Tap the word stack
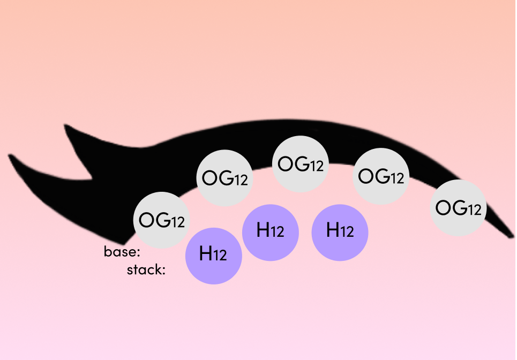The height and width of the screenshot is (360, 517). (144, 270)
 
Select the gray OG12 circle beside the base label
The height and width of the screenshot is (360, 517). (162, 220)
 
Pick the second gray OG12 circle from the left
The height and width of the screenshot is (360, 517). (224, 178)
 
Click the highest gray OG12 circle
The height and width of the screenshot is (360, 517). (301, 164)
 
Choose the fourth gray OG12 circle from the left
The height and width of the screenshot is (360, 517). (381, 176)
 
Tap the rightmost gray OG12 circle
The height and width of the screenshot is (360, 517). (458, 208)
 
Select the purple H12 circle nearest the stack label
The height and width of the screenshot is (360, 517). (214, 256)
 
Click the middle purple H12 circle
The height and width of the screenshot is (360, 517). (271, 232)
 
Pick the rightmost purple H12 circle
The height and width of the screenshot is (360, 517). (340, 232)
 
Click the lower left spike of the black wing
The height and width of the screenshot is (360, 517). (10, 155)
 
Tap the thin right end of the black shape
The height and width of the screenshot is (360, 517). (512, 235)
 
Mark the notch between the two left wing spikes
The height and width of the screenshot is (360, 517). (91, 179)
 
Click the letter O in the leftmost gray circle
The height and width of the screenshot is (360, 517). (147, 220)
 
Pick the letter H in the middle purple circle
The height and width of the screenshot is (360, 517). (263, 230)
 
